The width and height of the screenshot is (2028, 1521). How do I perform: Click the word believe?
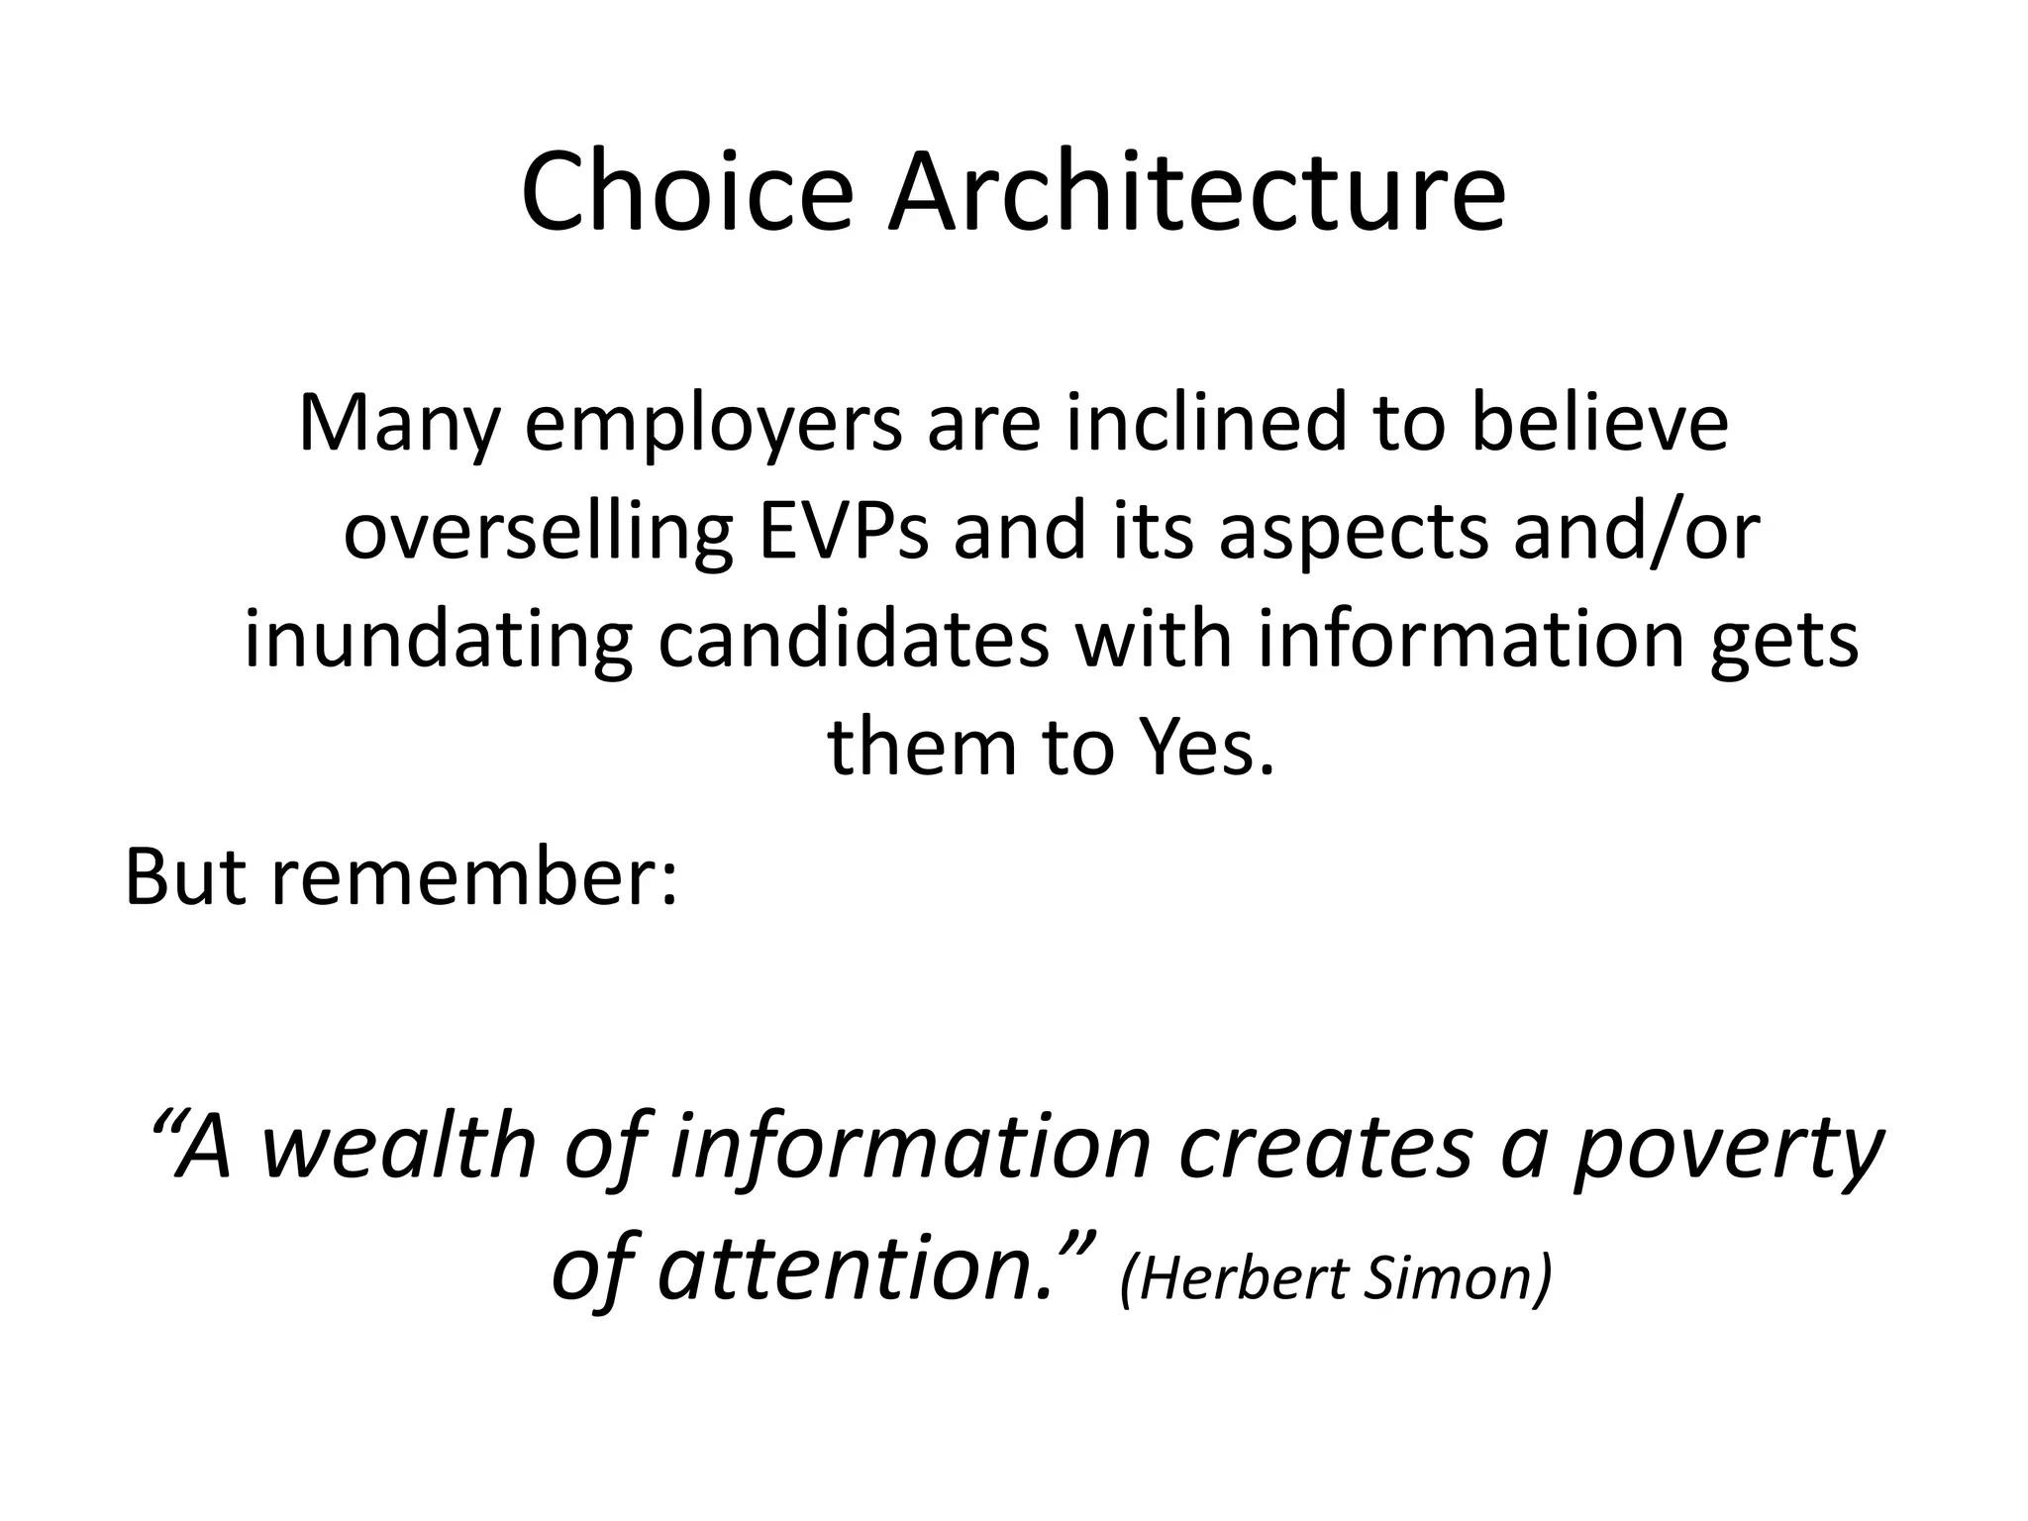tap(1598, 424)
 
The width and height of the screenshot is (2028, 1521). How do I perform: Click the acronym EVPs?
tap(844, 533)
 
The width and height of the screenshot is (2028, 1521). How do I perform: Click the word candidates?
tap(853, 640)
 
